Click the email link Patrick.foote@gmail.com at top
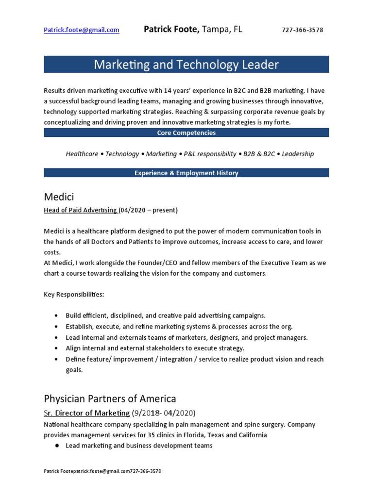[x=81, y=30]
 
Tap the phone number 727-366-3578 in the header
[x=302, y=30]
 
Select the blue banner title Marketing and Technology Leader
[x=186, y=64]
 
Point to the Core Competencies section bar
[x=186, y=133]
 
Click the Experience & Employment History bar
[x=186, y=173]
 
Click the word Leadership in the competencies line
[x=298, y=154]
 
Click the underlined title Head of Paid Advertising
[x=80, y=210]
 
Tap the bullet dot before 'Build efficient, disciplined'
[x=57, y=316]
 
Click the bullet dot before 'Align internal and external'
[x=57, y=348]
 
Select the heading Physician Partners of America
[x=110, y=399]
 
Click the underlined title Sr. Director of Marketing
[x=87, y=413]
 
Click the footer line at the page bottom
[x=102, y=471]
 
